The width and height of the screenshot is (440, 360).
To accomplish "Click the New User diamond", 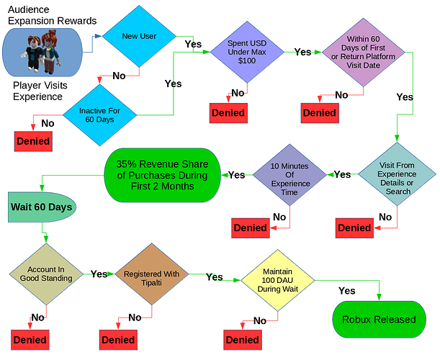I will [x=140, y=36].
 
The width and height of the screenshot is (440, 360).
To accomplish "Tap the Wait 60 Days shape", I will [x=41, y=207].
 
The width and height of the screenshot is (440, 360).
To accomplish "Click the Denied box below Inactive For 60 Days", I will [x=32, y=141].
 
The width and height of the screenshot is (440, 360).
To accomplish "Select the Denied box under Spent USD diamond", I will [x=228, y=112].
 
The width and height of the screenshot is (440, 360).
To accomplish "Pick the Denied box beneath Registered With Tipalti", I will [x=117, y=339].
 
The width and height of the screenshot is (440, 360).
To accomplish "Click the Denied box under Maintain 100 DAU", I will [x=243, y=339].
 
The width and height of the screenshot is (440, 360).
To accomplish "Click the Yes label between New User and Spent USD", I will [x=193, y=44].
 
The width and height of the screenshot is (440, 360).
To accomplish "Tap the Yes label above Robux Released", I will [x=346, y=290].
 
